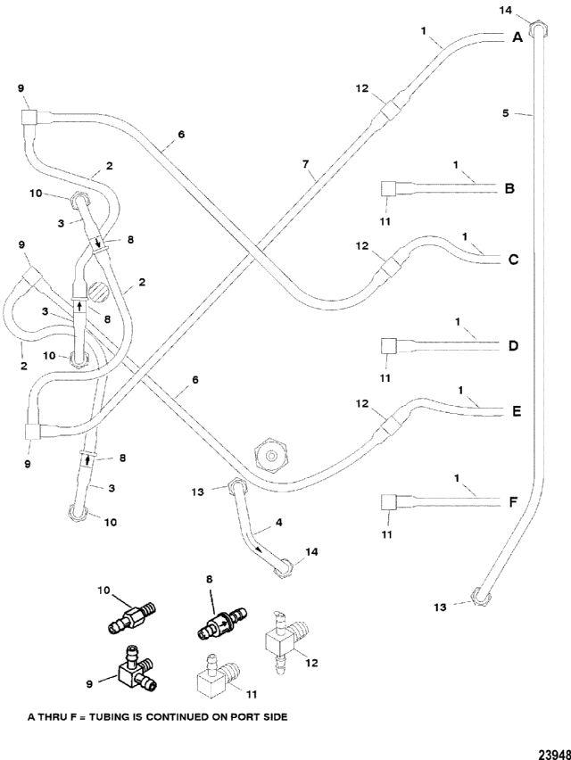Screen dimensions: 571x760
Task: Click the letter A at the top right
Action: (517, 37)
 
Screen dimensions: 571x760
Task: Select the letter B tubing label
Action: (509, 188)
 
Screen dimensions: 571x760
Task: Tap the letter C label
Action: (513, 260)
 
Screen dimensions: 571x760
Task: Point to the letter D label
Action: (513, 345)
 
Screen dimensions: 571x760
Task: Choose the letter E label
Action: (517, 411)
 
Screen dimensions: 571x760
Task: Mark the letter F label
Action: (513, 501)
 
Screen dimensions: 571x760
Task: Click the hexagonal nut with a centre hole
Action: (271, 455)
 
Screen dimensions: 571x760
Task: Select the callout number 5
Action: (506, 113)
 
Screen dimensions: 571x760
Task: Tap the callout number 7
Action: (305, 164)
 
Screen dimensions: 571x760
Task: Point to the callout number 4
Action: (278, 523)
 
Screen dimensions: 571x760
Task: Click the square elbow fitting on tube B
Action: (389, 188)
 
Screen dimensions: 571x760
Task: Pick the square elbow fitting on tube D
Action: (389, 346)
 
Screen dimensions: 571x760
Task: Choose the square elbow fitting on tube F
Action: (389, 502)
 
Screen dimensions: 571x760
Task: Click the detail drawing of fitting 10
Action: (131, 616)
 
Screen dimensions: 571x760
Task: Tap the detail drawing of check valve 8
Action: (221, 623)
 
